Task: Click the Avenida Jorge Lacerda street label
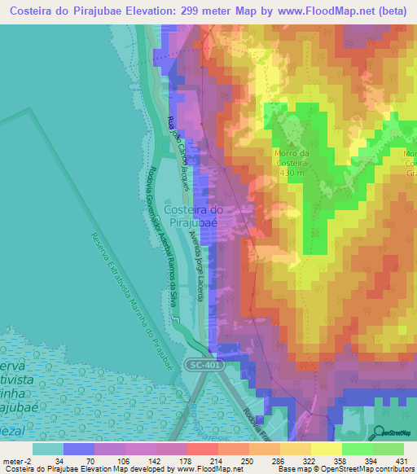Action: point(195,266)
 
